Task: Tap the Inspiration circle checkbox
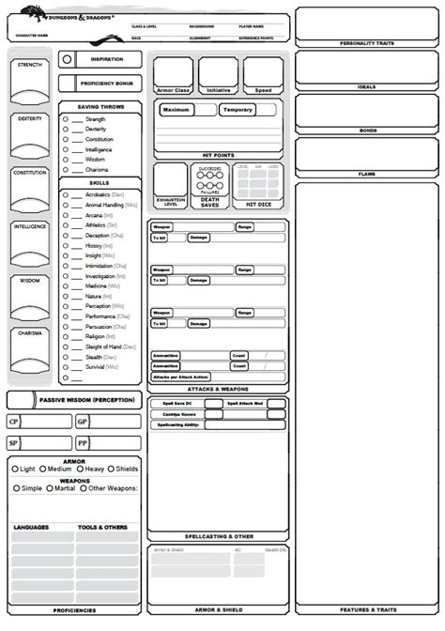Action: point(67,58)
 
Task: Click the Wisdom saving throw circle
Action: point(66,159)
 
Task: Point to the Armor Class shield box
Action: point(172,73)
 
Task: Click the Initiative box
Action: point(218,73)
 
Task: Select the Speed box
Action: point(264,73)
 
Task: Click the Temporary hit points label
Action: point(237,110)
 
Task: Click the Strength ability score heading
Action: point(29,65)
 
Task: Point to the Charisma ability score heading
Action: point(29,334)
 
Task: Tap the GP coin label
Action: point(83,423)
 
